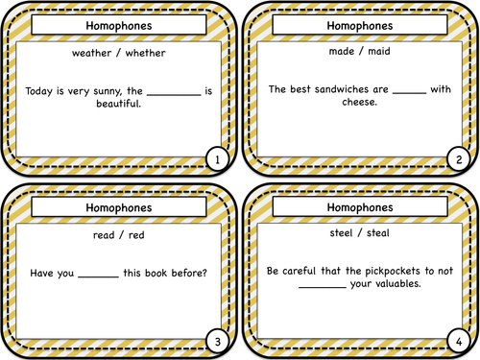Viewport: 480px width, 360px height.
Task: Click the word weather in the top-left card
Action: click(93, 54)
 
